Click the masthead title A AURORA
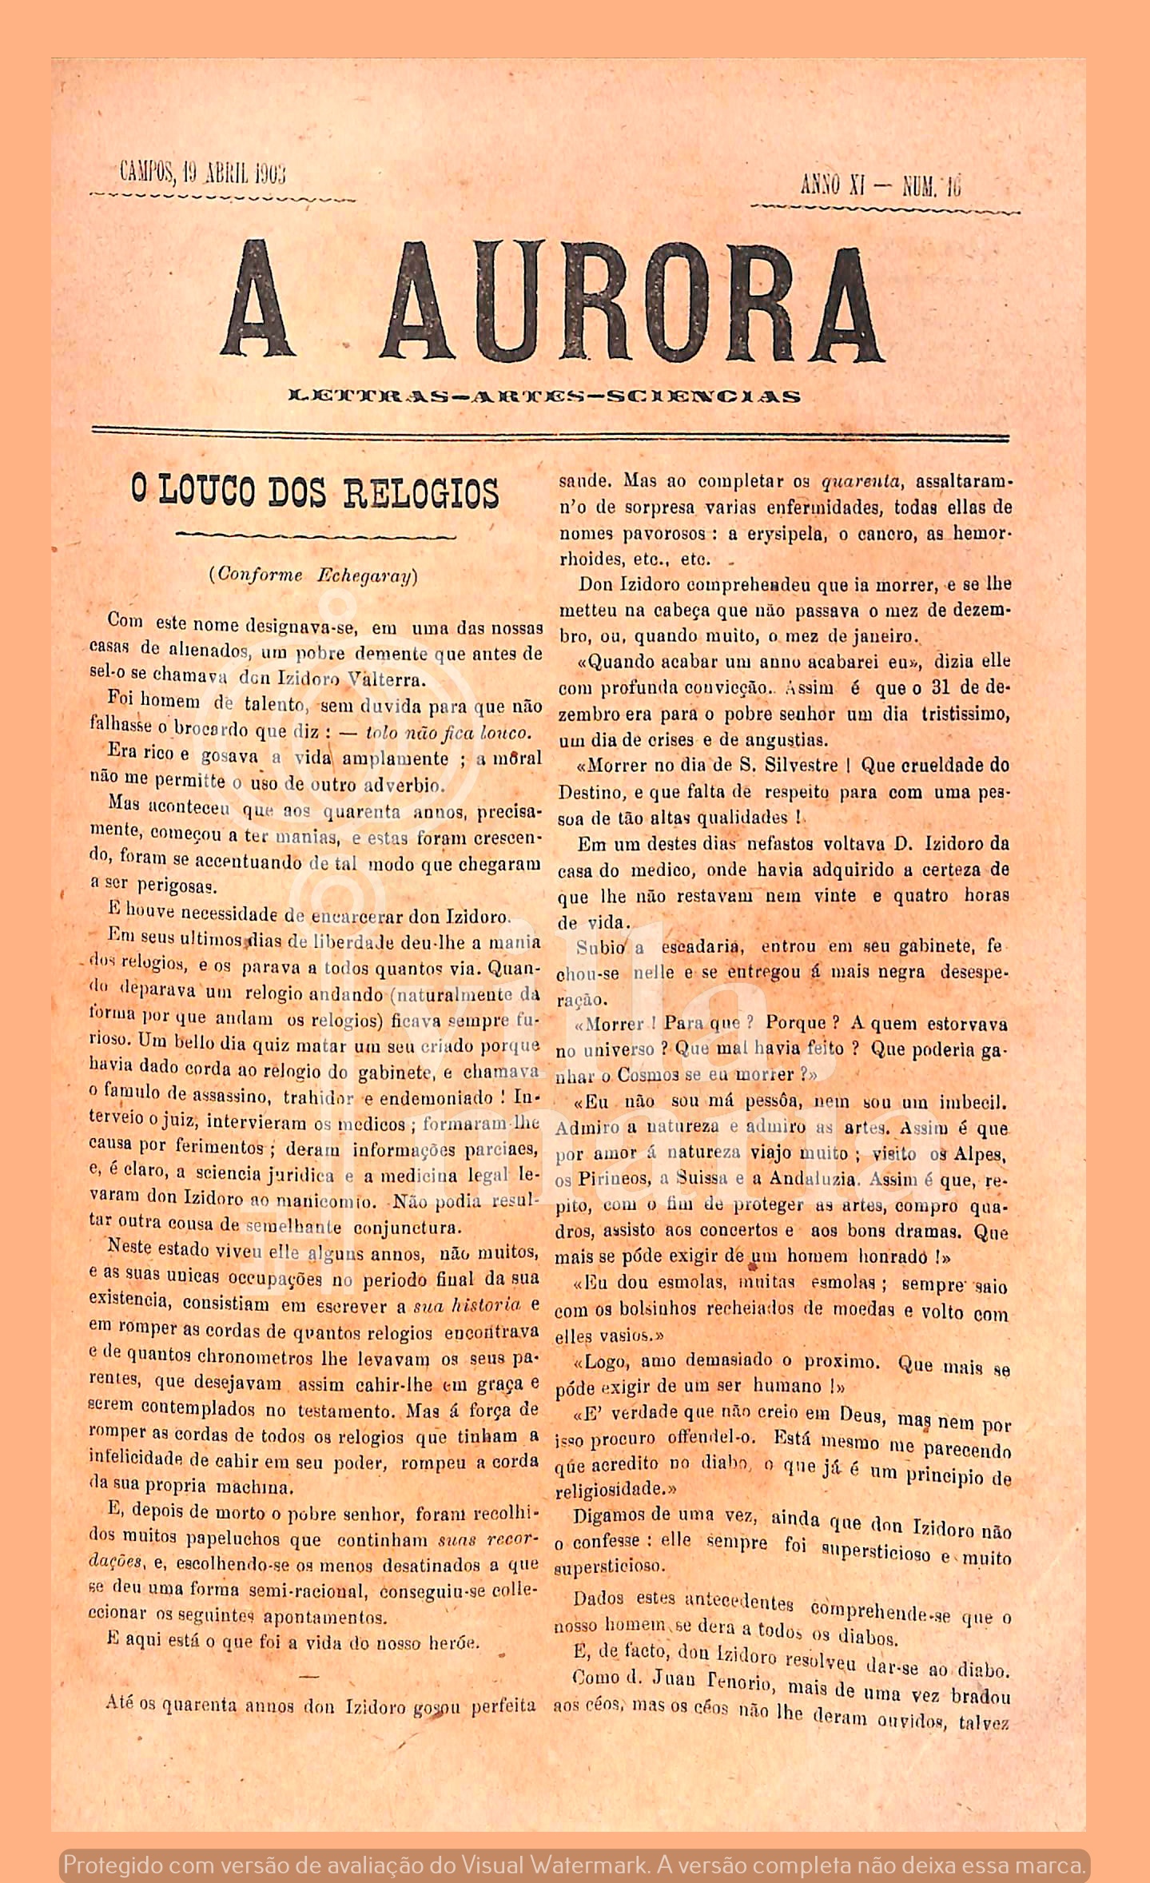coord(551,301)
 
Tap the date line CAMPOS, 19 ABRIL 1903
coord(203,172)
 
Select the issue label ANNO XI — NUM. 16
coord(881,185)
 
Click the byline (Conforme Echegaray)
coord(313,575)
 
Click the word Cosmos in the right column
coord(647,1075)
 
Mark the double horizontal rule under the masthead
coord(551,434)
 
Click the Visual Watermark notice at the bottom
coord(575,1865)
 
